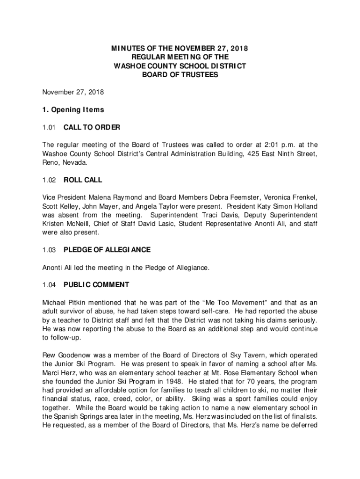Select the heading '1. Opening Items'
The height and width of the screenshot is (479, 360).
coord(72,110)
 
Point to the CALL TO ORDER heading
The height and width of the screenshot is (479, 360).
coord(92,127)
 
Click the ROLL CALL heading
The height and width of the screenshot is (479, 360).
coord(83,180)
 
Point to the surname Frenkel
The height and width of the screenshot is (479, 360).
coord(304,197)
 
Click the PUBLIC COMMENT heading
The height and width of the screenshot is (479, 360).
coord(96,285)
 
